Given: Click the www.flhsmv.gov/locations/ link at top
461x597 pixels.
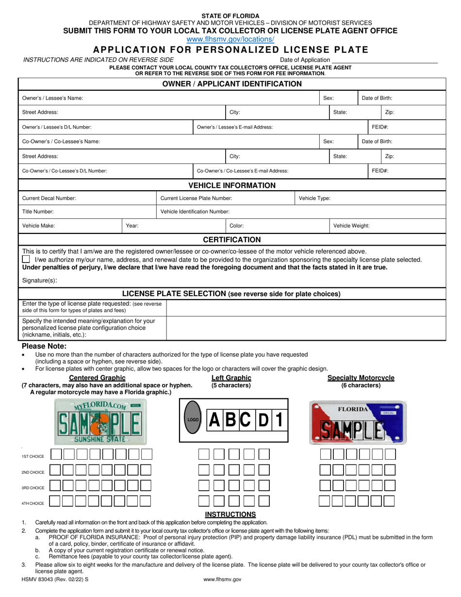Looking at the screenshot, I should pos(230,39).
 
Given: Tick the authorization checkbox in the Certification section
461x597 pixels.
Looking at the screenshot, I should pos(26,260).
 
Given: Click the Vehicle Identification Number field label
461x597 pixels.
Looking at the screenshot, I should pos(195,212).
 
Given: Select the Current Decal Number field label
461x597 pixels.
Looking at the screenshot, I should pos(49,198).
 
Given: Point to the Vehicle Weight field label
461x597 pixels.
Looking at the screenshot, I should pos(351,226).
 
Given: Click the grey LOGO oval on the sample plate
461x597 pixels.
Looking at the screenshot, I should pos(193,419).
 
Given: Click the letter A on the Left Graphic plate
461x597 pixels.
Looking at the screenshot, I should pos(214,420).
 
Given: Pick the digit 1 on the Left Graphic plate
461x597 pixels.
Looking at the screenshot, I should pos(279,420).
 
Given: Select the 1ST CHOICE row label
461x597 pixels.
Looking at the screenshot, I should pos(33,457).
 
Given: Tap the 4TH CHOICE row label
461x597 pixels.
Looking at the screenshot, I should pos(33,503).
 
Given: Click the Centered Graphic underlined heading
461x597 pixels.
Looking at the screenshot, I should pos(98,378).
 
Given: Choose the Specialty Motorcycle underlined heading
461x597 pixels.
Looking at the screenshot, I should pos(361,378).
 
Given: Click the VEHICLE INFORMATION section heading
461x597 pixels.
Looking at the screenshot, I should pos(231,185).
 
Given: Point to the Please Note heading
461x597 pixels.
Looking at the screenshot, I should pos(44,346).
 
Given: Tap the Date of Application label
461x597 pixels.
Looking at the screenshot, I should pos(308,60).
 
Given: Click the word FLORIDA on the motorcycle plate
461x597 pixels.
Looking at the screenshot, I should pos(355,409).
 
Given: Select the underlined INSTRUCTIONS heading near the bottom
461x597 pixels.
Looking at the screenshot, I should pos(230,514).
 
